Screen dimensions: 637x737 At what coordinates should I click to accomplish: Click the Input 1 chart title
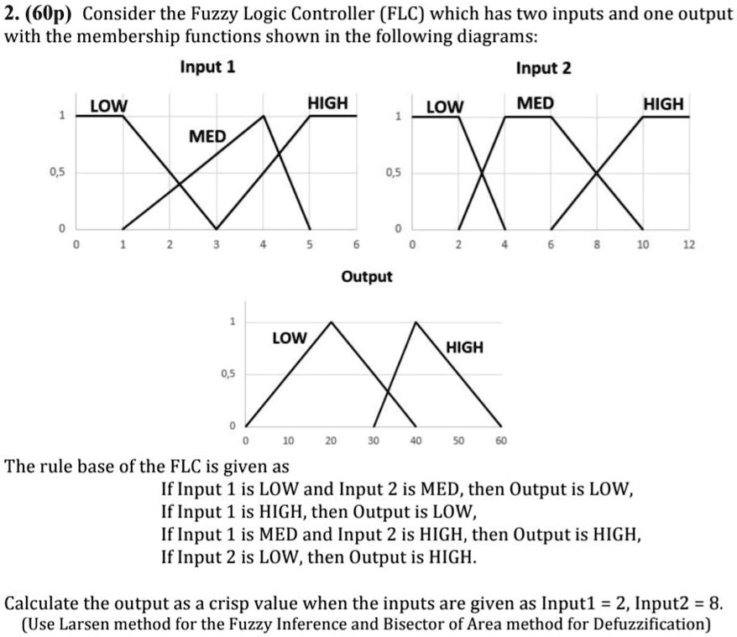[207, 68]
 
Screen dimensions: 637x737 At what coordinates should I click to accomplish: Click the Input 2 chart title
[543, 68]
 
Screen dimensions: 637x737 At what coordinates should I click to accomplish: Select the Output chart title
[367, 275]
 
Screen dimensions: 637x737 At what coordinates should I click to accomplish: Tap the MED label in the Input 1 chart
[207, 136]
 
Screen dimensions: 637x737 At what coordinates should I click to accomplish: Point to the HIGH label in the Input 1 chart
[327, 103]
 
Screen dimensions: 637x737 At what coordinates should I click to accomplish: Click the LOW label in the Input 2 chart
[445, 107]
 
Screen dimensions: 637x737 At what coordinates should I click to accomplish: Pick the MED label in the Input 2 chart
[535, 103]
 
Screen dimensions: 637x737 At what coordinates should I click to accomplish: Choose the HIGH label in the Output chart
[464, 347]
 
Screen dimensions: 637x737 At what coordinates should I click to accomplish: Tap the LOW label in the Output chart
[290, 337]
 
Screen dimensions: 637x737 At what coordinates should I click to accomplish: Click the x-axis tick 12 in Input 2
[689, 245]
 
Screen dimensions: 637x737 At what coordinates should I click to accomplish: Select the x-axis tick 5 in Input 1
[310, 245]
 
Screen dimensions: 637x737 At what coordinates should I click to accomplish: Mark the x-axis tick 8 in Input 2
[597, 245]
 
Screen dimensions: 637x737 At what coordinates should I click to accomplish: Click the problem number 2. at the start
[13, 15]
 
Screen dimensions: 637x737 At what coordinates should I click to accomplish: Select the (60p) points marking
[53, 15]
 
